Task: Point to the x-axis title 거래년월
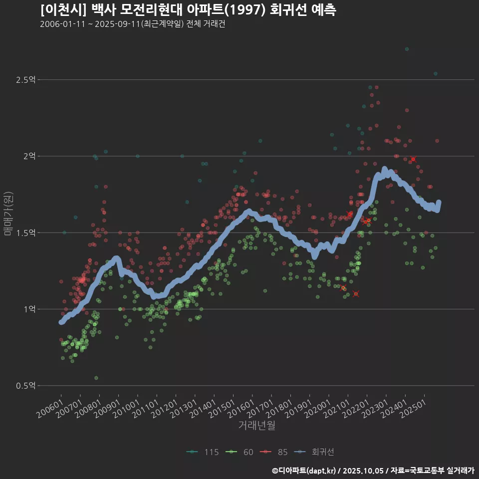256,426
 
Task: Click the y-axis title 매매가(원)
8,213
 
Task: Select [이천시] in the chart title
59,10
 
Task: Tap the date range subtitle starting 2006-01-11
132,24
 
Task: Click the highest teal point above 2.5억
407,49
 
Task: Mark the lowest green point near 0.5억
96,378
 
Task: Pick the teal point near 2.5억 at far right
436,73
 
